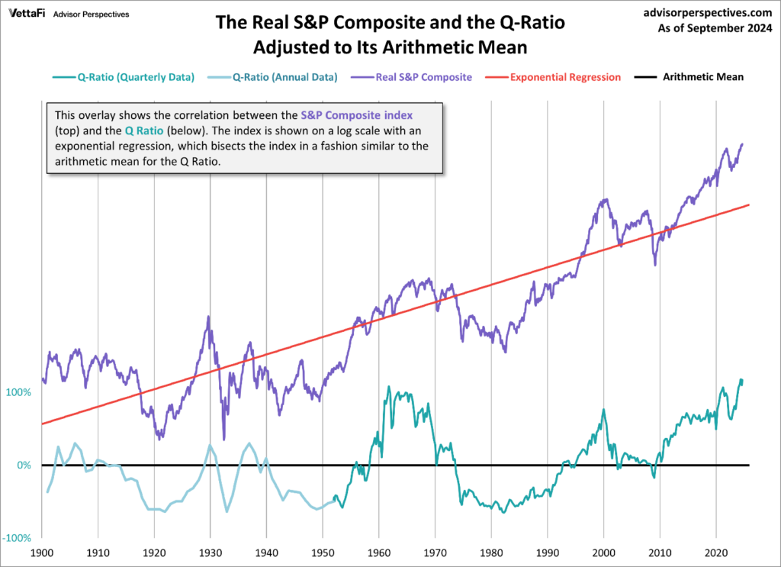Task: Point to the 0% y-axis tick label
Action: [24, 466]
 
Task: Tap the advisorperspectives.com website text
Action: [709, 13]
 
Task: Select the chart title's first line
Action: [390, 23]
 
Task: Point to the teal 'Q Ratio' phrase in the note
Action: [141, 130]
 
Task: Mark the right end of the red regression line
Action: [750, 205]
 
